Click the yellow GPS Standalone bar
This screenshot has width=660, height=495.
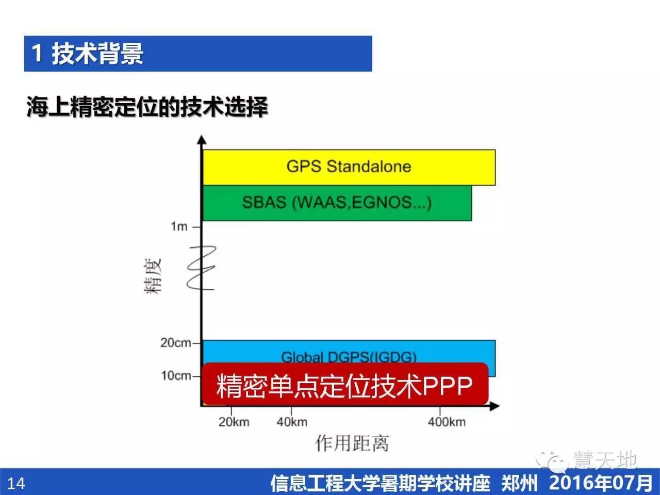click(349, 167)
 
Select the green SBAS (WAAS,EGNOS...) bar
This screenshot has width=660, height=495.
click(337, 203)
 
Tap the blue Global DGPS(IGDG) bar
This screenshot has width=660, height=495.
click(349, 353)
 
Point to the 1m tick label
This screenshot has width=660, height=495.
click(179, 226)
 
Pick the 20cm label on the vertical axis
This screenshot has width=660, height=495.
click(175, 343)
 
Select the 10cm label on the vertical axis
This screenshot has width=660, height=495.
click(176, 375)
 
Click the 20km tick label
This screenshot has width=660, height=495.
click(234, 422)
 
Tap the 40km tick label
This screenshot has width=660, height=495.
click(292, 422)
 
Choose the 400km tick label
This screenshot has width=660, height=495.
click(447, 422)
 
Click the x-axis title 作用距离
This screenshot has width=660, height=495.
click(352, 443)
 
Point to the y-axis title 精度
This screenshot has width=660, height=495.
click(153, 276)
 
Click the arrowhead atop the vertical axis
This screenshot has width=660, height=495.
click(202, 140)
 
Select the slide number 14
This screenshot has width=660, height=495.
click(16, 483)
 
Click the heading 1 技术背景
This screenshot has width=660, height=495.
click(87, 54)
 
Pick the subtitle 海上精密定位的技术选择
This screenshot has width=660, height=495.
click(147, 107)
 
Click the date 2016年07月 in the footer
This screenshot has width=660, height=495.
click(600, 483)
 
